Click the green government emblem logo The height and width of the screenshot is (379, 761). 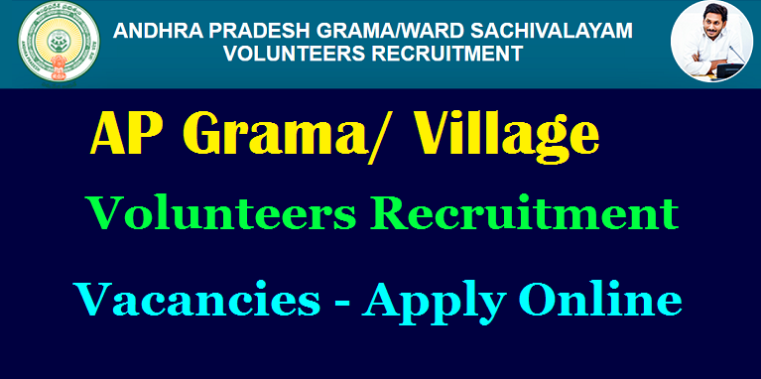pyautogui.click(x=59, y=44)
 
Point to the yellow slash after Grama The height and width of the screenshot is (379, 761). pyautogui.click(x=379, y=139)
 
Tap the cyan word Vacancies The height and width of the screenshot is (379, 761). pyautogui.click(x=197, y=298)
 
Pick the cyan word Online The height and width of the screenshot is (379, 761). pyautogui.click(x=603, y=298)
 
